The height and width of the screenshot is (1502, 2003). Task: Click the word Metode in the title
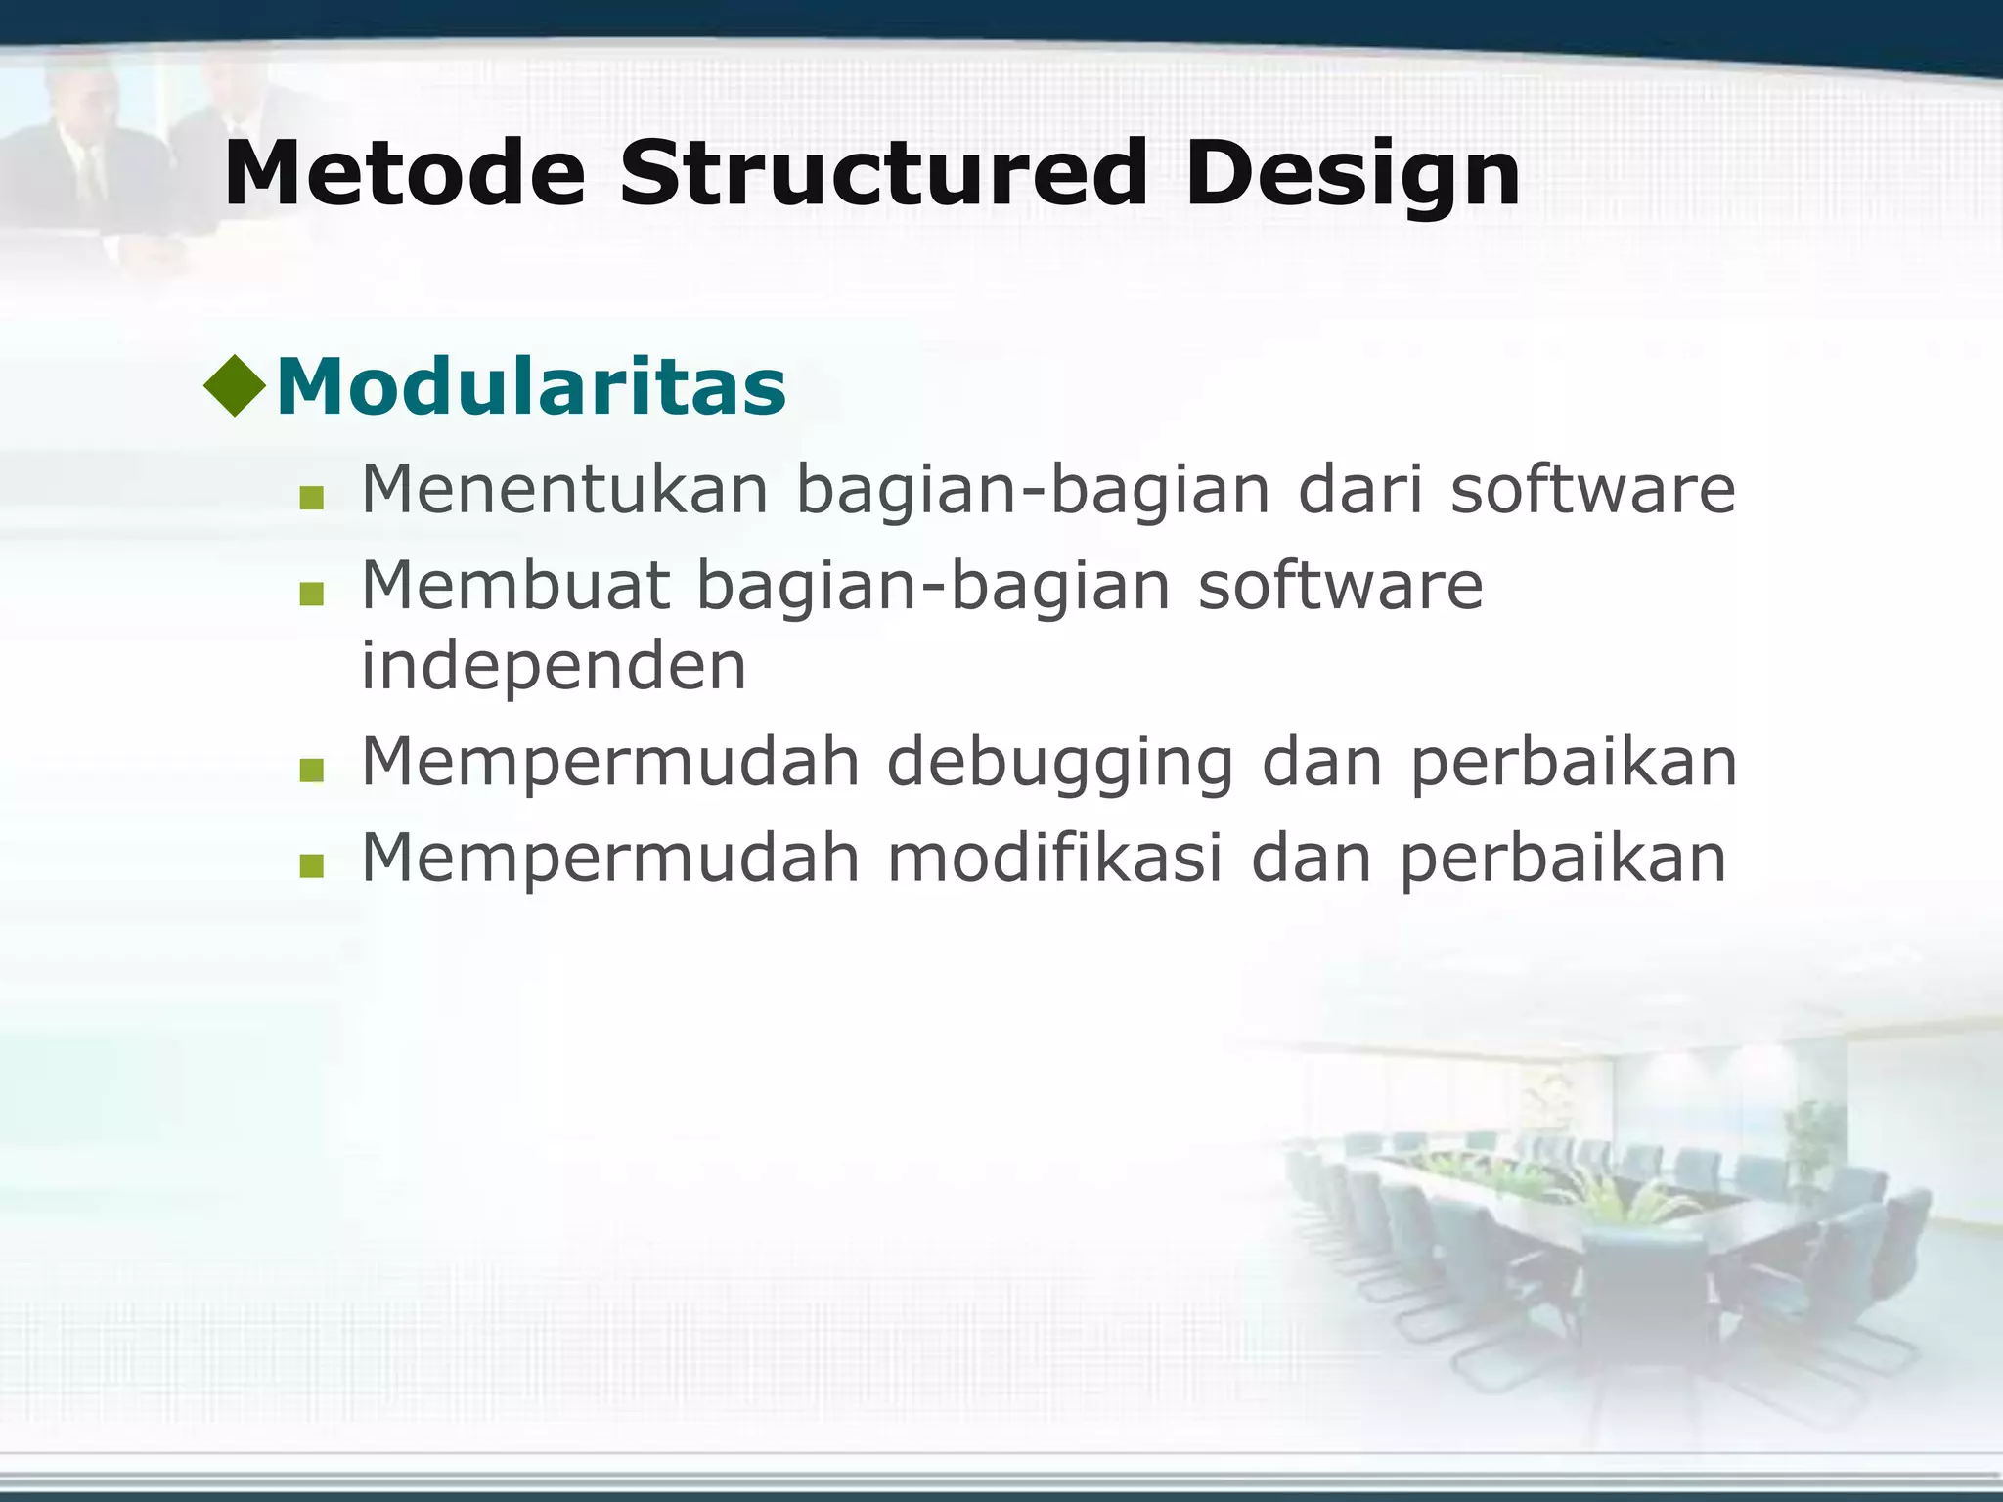(x=404, y=174)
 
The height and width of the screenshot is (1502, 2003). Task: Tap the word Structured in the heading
(x=883, y=174)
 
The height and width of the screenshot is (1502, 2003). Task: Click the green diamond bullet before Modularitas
(x=235, y=385)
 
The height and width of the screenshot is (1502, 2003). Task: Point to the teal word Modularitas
(x=531, y=386)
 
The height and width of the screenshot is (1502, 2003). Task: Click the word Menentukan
(x=565, y=489)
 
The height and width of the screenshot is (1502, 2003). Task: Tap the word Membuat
(x=515, y=586)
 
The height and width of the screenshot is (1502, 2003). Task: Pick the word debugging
(x=1060, y=764)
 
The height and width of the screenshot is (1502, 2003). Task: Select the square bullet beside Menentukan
(x=312, y=499)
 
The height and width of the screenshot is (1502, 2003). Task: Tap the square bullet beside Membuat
(x=312, y=595)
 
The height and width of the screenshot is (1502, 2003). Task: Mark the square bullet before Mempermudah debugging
(x=312, y=772)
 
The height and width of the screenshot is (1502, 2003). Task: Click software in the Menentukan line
(x=1592, y=489)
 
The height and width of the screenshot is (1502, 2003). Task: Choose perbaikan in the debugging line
(x=1574, y=764)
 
